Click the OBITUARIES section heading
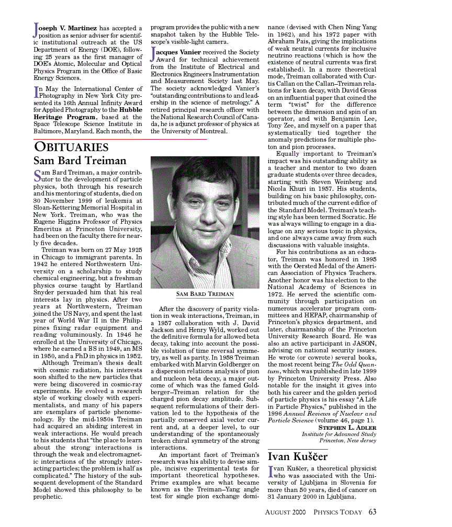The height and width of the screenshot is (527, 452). point(71,147)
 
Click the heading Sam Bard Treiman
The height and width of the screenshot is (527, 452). point(80,161)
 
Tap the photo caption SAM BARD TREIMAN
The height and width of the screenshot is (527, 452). point(205,294)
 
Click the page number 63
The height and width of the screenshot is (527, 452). point(372,512)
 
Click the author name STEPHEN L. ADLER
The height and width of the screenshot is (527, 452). point(347,428)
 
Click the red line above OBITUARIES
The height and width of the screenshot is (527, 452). point(120,139)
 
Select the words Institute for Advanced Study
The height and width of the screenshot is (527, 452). point(338,434)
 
